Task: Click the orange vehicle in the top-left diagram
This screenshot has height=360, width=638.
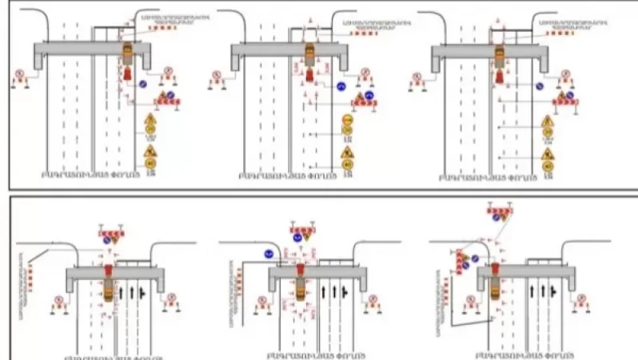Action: tap(128, 54)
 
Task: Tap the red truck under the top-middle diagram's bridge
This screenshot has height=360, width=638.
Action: tap(309, 74)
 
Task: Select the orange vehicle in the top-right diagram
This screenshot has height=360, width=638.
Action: tap(500, 55)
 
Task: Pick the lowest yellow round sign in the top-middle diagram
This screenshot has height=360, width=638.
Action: tap(348, 165)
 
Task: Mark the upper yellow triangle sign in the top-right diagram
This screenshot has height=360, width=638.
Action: tap(548, 122)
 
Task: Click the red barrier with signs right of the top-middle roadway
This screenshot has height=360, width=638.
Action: tap(369, 99)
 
